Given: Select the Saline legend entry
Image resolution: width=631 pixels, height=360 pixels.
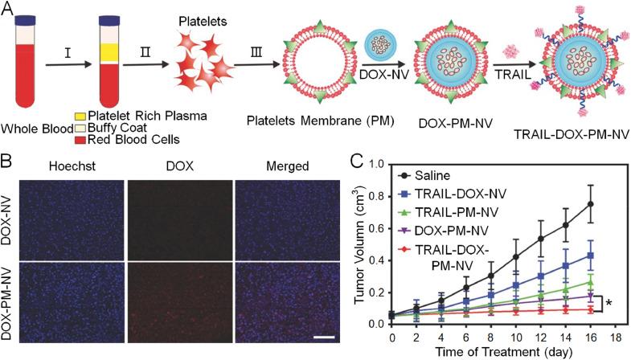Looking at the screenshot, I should coord(451,174).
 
